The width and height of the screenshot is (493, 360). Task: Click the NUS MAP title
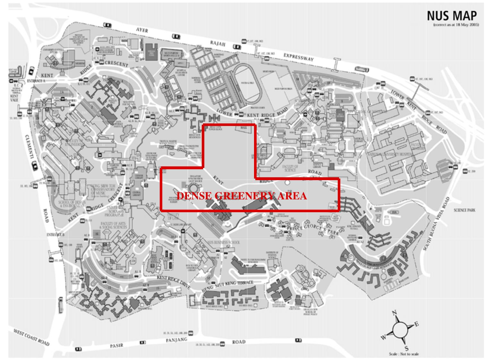click(452, 16)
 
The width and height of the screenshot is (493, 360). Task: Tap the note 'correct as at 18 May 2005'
click(456, 25)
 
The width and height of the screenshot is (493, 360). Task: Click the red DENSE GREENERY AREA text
click(242, 196)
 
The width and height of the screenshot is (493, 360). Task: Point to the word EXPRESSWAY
click(298, 57)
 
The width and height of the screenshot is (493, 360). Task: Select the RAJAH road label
click(218, 44)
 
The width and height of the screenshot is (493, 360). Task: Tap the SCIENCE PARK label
click(464, 210)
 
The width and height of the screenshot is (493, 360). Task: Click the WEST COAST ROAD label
click(31, 337)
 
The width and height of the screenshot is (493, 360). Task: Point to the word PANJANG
click(176, 340)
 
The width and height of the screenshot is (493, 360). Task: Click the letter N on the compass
click(395, 313)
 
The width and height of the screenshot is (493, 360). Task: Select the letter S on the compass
click(406, 349)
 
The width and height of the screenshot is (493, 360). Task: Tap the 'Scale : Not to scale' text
click(404, 354)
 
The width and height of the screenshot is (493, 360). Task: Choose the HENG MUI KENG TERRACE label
click(228, 286)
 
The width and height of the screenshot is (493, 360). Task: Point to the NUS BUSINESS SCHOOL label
click(223, 242)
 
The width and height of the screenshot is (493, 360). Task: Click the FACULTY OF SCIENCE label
click(290, 168)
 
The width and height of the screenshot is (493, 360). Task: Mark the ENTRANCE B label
click(55, 235)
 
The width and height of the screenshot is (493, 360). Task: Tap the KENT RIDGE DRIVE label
click(173, 280)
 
